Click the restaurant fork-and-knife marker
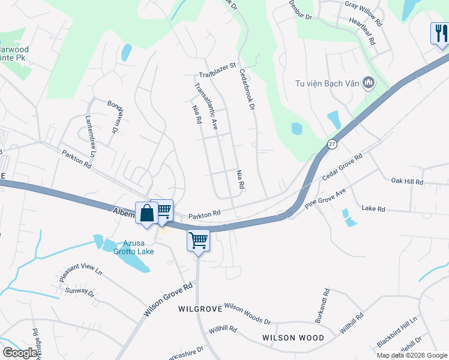(439, 34)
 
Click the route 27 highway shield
(332, 145)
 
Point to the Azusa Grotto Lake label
(134, 247)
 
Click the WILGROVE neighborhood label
(200, 308)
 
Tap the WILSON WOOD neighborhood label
(293, 338)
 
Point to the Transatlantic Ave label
(205, 106)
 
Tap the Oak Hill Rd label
(407, 181)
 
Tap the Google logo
(20, 353)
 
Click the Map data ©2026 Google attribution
(412, 355)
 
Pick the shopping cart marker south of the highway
(198, 241)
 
